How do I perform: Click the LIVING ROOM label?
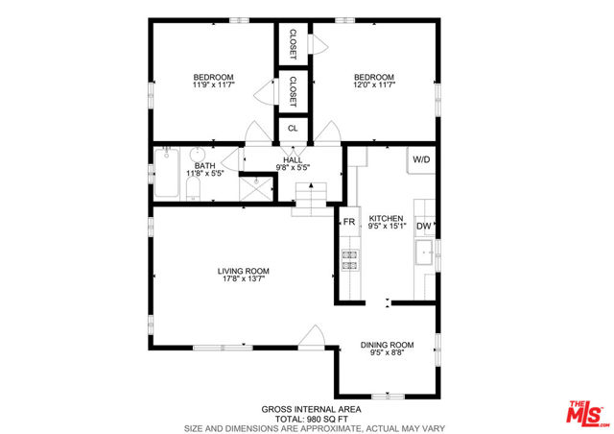point(243,271)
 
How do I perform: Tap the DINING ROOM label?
point(387,345)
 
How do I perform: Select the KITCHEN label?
point(386,218)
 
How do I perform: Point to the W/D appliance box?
point(421,160)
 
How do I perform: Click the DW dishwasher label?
point(424,226)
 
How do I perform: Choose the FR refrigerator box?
point(349,222)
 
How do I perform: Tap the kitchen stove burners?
point(350,260)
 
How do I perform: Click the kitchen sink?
point(424,253)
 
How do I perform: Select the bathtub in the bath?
point(167,173)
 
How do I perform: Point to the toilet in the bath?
point(193,188)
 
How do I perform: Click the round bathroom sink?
point(198,154)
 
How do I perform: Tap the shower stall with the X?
point(256,188)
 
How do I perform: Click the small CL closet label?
point(293,129)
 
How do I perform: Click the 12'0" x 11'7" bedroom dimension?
point(374,84)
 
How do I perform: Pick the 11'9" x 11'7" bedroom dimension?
point(213,84)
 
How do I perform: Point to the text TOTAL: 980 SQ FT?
point(311,419)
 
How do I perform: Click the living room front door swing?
point(312,337)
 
